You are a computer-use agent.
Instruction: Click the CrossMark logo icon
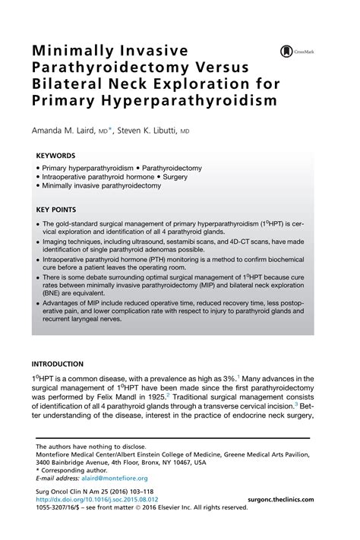[x=287, y=51]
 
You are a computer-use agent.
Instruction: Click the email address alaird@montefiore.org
[x=109, y=478]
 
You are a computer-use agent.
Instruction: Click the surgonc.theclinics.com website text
[x=288, y=501]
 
